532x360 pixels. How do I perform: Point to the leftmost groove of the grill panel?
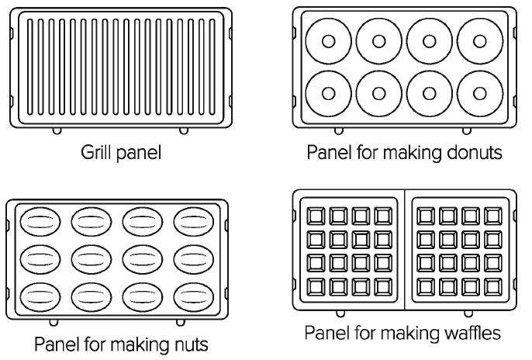click(x=29, y=67)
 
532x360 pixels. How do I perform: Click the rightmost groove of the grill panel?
click(x=212, y=67)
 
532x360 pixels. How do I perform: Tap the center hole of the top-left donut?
click(x=329, y=41)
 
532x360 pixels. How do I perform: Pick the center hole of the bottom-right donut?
click(x=480, y=93)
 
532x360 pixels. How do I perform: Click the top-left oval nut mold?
click(x=40, y=222)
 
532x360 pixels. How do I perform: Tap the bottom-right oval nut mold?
click(x=194, y=297)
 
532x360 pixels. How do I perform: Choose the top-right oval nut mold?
click(x=194, y=222)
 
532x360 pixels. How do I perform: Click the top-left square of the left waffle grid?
click(x=316, y=216)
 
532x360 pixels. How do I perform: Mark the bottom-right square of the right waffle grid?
click(x=493, y=287)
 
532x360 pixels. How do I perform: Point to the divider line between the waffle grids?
click(x=405, y=250)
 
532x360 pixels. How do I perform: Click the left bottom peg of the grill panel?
click(x=57, y=131)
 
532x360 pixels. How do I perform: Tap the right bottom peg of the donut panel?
click(x=467, y=131)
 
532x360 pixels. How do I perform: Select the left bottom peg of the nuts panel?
click(x=54, y=322)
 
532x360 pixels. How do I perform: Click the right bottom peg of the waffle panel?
click(x=468, y=314)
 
